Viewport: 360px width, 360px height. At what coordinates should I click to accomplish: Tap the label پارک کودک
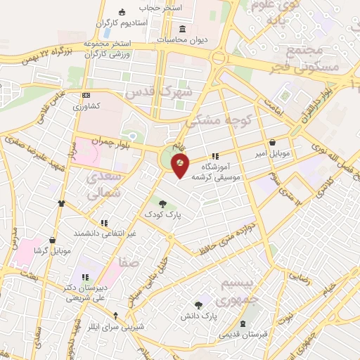pos(162,212)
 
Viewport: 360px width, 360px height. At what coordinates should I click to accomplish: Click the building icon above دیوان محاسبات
pos(183,29)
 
